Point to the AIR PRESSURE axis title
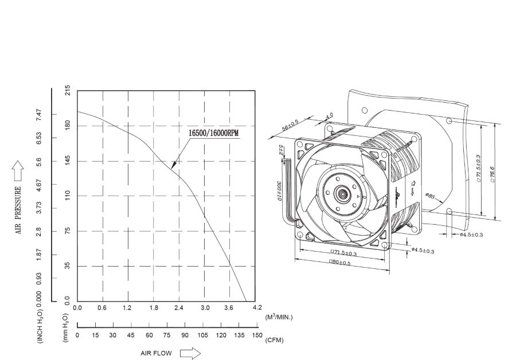point(18,210)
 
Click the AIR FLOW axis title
point(156,353)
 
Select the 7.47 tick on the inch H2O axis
point(38,114)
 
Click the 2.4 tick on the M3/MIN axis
point(179,308)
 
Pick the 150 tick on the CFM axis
point(257,335)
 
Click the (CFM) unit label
point(274,340)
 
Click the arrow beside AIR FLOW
point(191,353)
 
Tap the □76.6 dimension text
point(492,171)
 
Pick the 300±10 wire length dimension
point(279,191)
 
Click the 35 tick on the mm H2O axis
point(68,266)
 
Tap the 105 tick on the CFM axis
point(203,335)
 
